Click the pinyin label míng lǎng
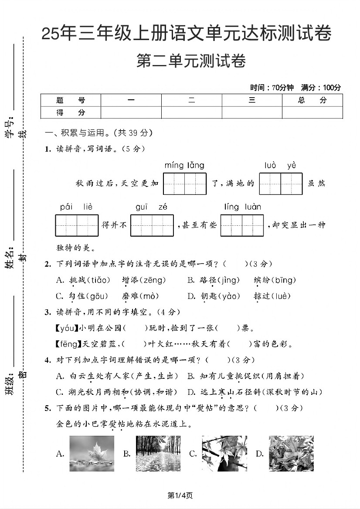184,166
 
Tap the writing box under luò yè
281,184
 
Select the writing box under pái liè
77,225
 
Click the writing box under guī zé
152,225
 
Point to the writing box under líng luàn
242,225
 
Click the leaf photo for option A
92,454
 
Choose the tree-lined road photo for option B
158,454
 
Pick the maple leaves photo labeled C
224,454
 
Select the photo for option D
291,454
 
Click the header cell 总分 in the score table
312,100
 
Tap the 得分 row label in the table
71,112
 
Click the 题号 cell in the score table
71,100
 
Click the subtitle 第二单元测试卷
191,61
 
